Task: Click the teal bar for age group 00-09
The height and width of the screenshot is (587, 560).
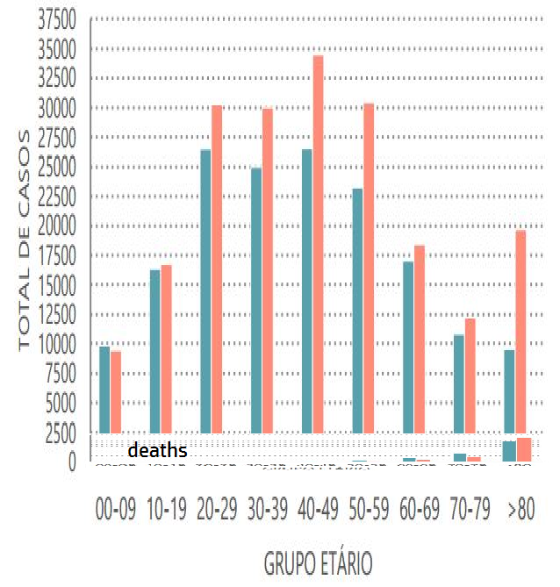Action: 104,390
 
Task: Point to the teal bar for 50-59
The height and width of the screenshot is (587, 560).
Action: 357,311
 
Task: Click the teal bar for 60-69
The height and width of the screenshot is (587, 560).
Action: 408,347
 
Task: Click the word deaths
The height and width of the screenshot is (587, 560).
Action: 158,451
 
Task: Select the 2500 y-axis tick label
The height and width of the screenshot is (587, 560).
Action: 62,433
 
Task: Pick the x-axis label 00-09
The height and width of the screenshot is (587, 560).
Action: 116,512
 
